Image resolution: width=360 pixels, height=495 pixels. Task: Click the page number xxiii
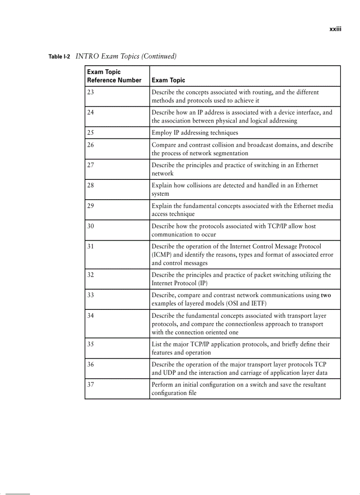336,30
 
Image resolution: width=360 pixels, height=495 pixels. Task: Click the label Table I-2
59,57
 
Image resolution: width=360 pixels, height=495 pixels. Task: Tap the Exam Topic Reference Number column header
114,76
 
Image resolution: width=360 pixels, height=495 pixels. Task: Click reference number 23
90,92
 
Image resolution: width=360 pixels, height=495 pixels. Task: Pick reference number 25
90,133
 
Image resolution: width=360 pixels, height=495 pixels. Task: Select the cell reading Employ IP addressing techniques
195,133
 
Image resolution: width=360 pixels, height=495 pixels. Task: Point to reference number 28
90,186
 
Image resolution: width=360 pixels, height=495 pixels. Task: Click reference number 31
90,246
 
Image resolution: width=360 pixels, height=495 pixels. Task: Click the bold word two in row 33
326,295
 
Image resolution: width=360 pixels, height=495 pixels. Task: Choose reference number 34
90,316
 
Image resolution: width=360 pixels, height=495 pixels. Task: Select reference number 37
90,384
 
